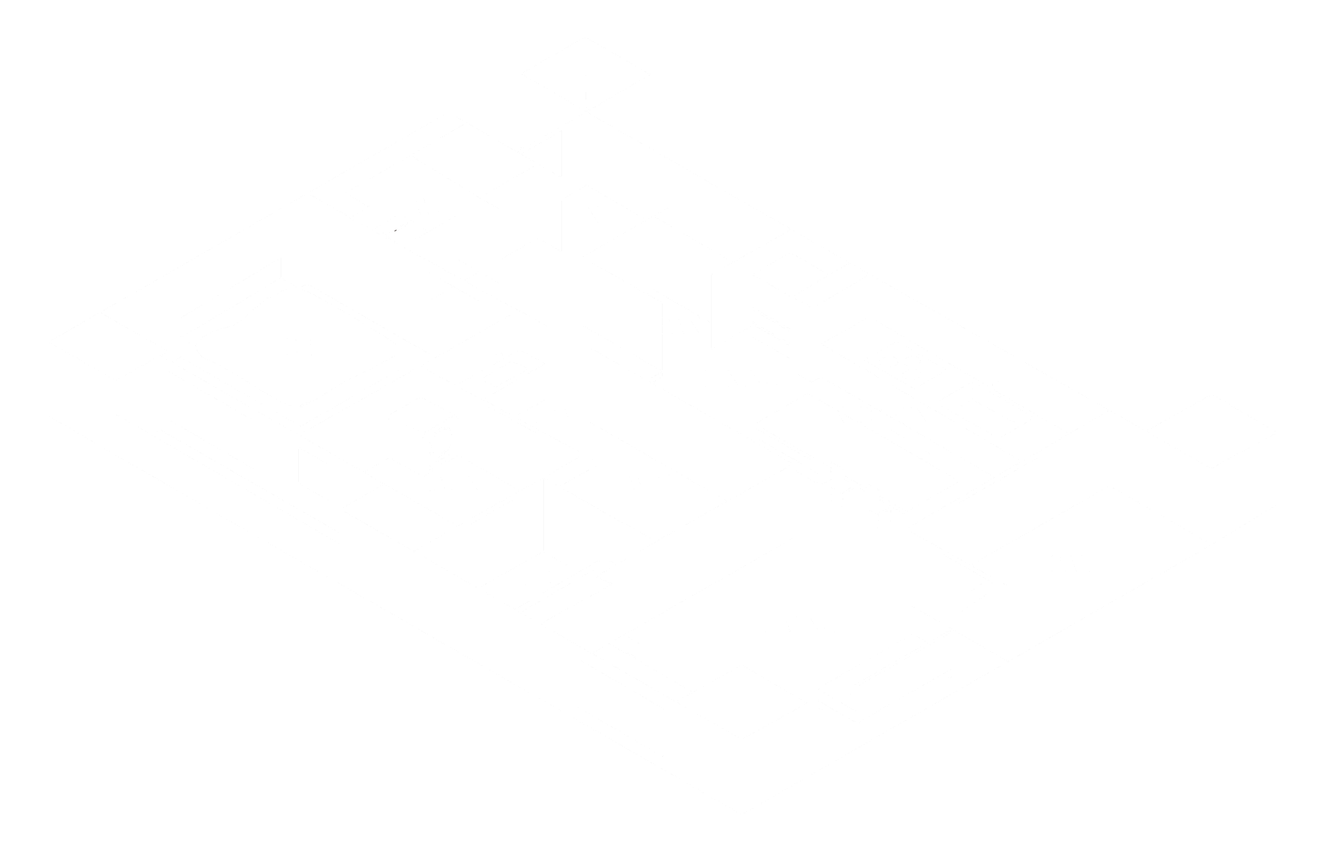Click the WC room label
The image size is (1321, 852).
pos(431,207)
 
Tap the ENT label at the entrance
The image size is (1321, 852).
pos(592,215)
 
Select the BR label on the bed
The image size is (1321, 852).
pos(299,347)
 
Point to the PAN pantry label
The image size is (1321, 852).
pos(679,327)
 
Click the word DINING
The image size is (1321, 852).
pos(740,379)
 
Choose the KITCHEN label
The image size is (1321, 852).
pos(880,415)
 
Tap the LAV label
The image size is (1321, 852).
pos(555,415)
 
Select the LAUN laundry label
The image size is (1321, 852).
pos(450,484)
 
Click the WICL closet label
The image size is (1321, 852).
pos(655,483)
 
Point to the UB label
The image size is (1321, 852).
pos(537,579)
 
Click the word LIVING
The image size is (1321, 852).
pos(799,625)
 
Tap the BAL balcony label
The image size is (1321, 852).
pos(1070,565)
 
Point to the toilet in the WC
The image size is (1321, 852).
pos(393,224)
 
